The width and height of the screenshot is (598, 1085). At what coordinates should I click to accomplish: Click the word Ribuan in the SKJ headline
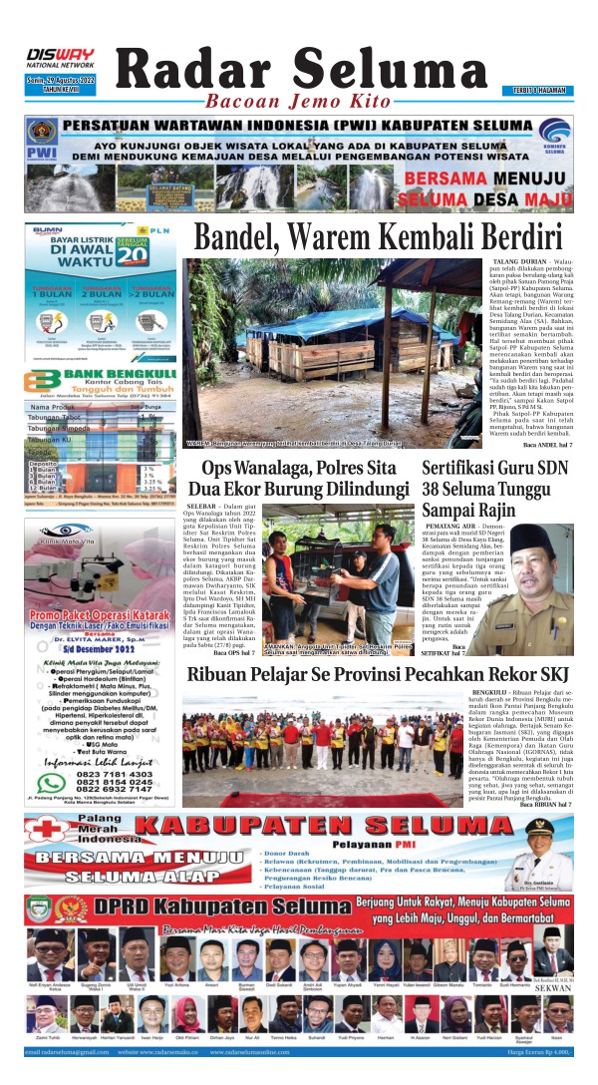click(x=219, y=675)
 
